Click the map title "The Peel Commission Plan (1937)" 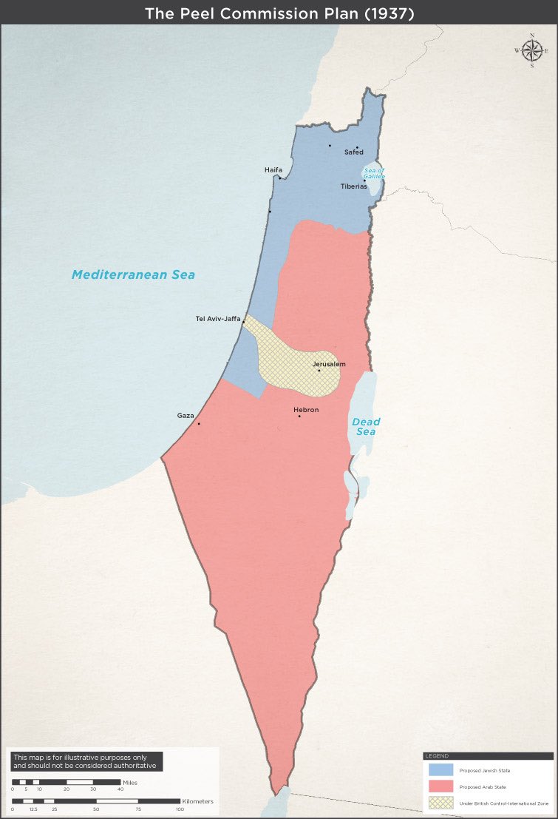point(279,13)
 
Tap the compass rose point(531,50)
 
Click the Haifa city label point(273,170)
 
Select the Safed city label point(354,152)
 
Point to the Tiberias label point(353,186)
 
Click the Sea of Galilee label point(374,174)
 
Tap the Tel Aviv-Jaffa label point(219,319)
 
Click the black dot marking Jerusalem point(319,371)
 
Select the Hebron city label point(305,409)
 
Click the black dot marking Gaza point(199,423)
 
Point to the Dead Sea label point(365,427)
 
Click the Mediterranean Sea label point(133,275)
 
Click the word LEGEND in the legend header point(436,756)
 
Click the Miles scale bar point(67,781)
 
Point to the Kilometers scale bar point(96,801)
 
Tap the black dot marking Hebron point(299,417)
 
